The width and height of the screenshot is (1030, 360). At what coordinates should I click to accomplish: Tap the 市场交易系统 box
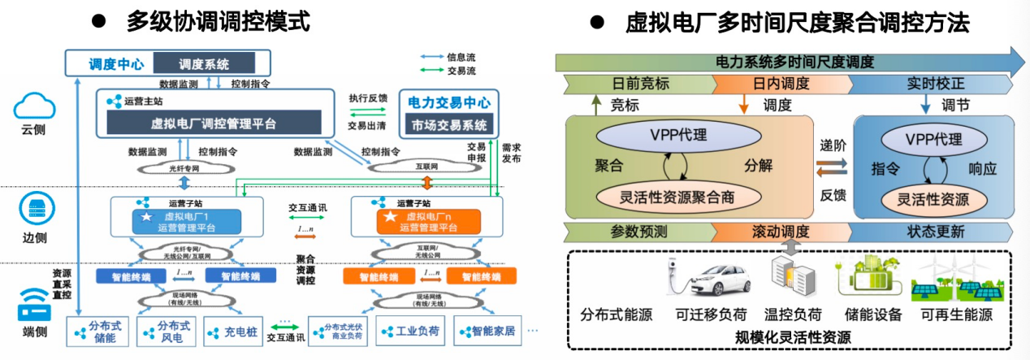448,125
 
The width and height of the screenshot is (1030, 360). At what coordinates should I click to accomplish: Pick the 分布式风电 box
168,332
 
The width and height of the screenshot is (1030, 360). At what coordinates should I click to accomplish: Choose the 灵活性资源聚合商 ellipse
677,197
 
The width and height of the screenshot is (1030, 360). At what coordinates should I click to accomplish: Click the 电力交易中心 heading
448,103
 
